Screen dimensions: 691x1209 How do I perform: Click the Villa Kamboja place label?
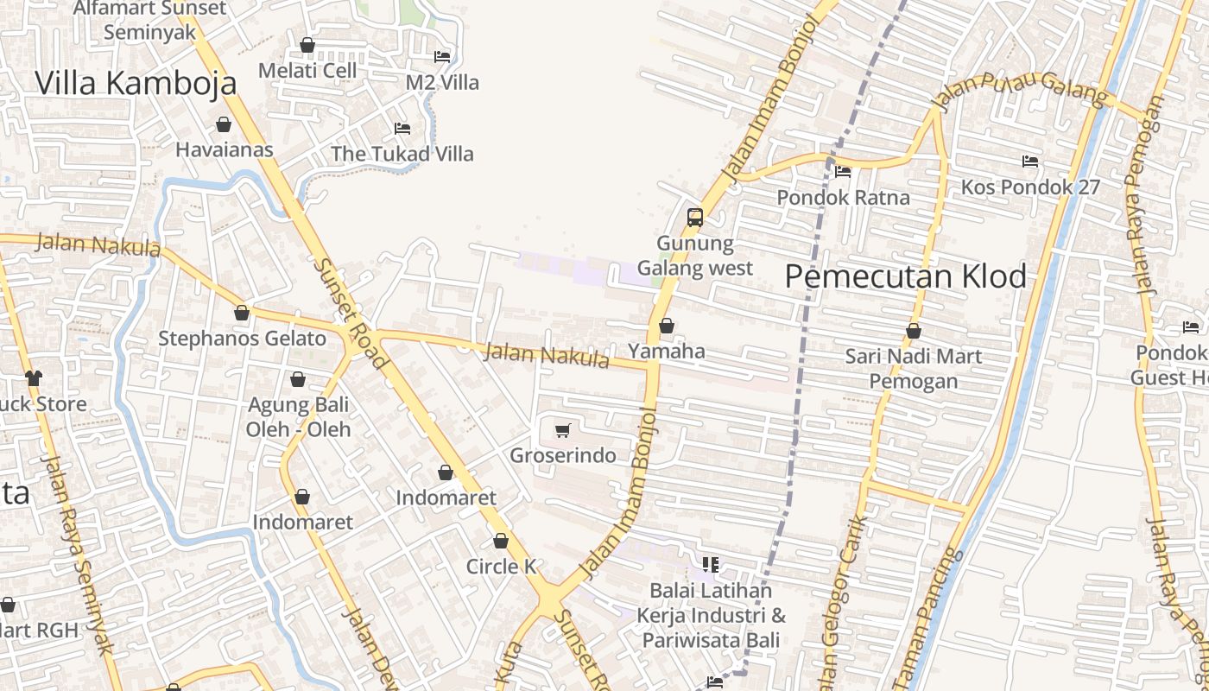click(136, 83)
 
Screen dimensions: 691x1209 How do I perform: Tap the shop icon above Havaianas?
click(224, 124)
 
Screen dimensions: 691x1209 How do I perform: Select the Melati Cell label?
click(307, 70)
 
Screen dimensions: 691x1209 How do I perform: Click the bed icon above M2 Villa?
click(442, 57)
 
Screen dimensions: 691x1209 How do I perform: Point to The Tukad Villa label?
click(402, 154)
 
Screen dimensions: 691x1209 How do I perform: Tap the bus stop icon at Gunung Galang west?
click(695, 218)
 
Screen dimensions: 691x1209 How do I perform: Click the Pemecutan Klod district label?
click(906, 276)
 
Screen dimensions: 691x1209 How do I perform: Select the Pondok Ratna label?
click(843, 197)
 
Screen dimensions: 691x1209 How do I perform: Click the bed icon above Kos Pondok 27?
click(1029, 162)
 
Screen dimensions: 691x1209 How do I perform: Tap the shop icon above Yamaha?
click(667, 326)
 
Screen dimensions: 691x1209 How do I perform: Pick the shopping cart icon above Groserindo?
click(563, 430)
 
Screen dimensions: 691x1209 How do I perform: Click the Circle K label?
click(501, 567)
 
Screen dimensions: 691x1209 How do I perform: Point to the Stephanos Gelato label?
click(242, 339)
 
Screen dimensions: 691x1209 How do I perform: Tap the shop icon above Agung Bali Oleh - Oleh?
click(298, 379)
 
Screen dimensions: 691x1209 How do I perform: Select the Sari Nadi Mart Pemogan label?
click(913, 368)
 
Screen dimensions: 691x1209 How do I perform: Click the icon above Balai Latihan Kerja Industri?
click(711, 565)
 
